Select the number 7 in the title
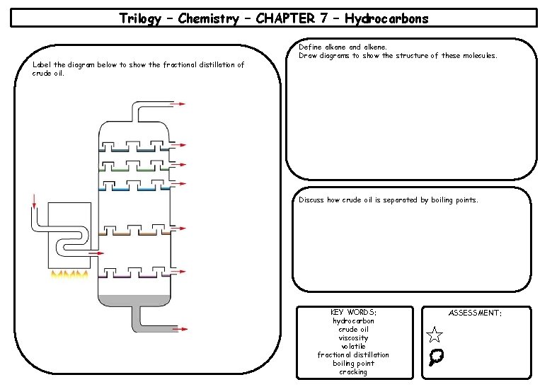(326, 19)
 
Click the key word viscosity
(353, 338)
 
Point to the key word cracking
(353, 372)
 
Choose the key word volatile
(353, 347)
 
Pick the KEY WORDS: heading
(353, 312)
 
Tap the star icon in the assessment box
(435, 335)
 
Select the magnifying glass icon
(436, 358)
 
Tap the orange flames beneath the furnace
(69, 275)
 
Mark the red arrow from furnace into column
(96, 253)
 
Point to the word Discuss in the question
(311, 200)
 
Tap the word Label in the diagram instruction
(42, 65)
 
